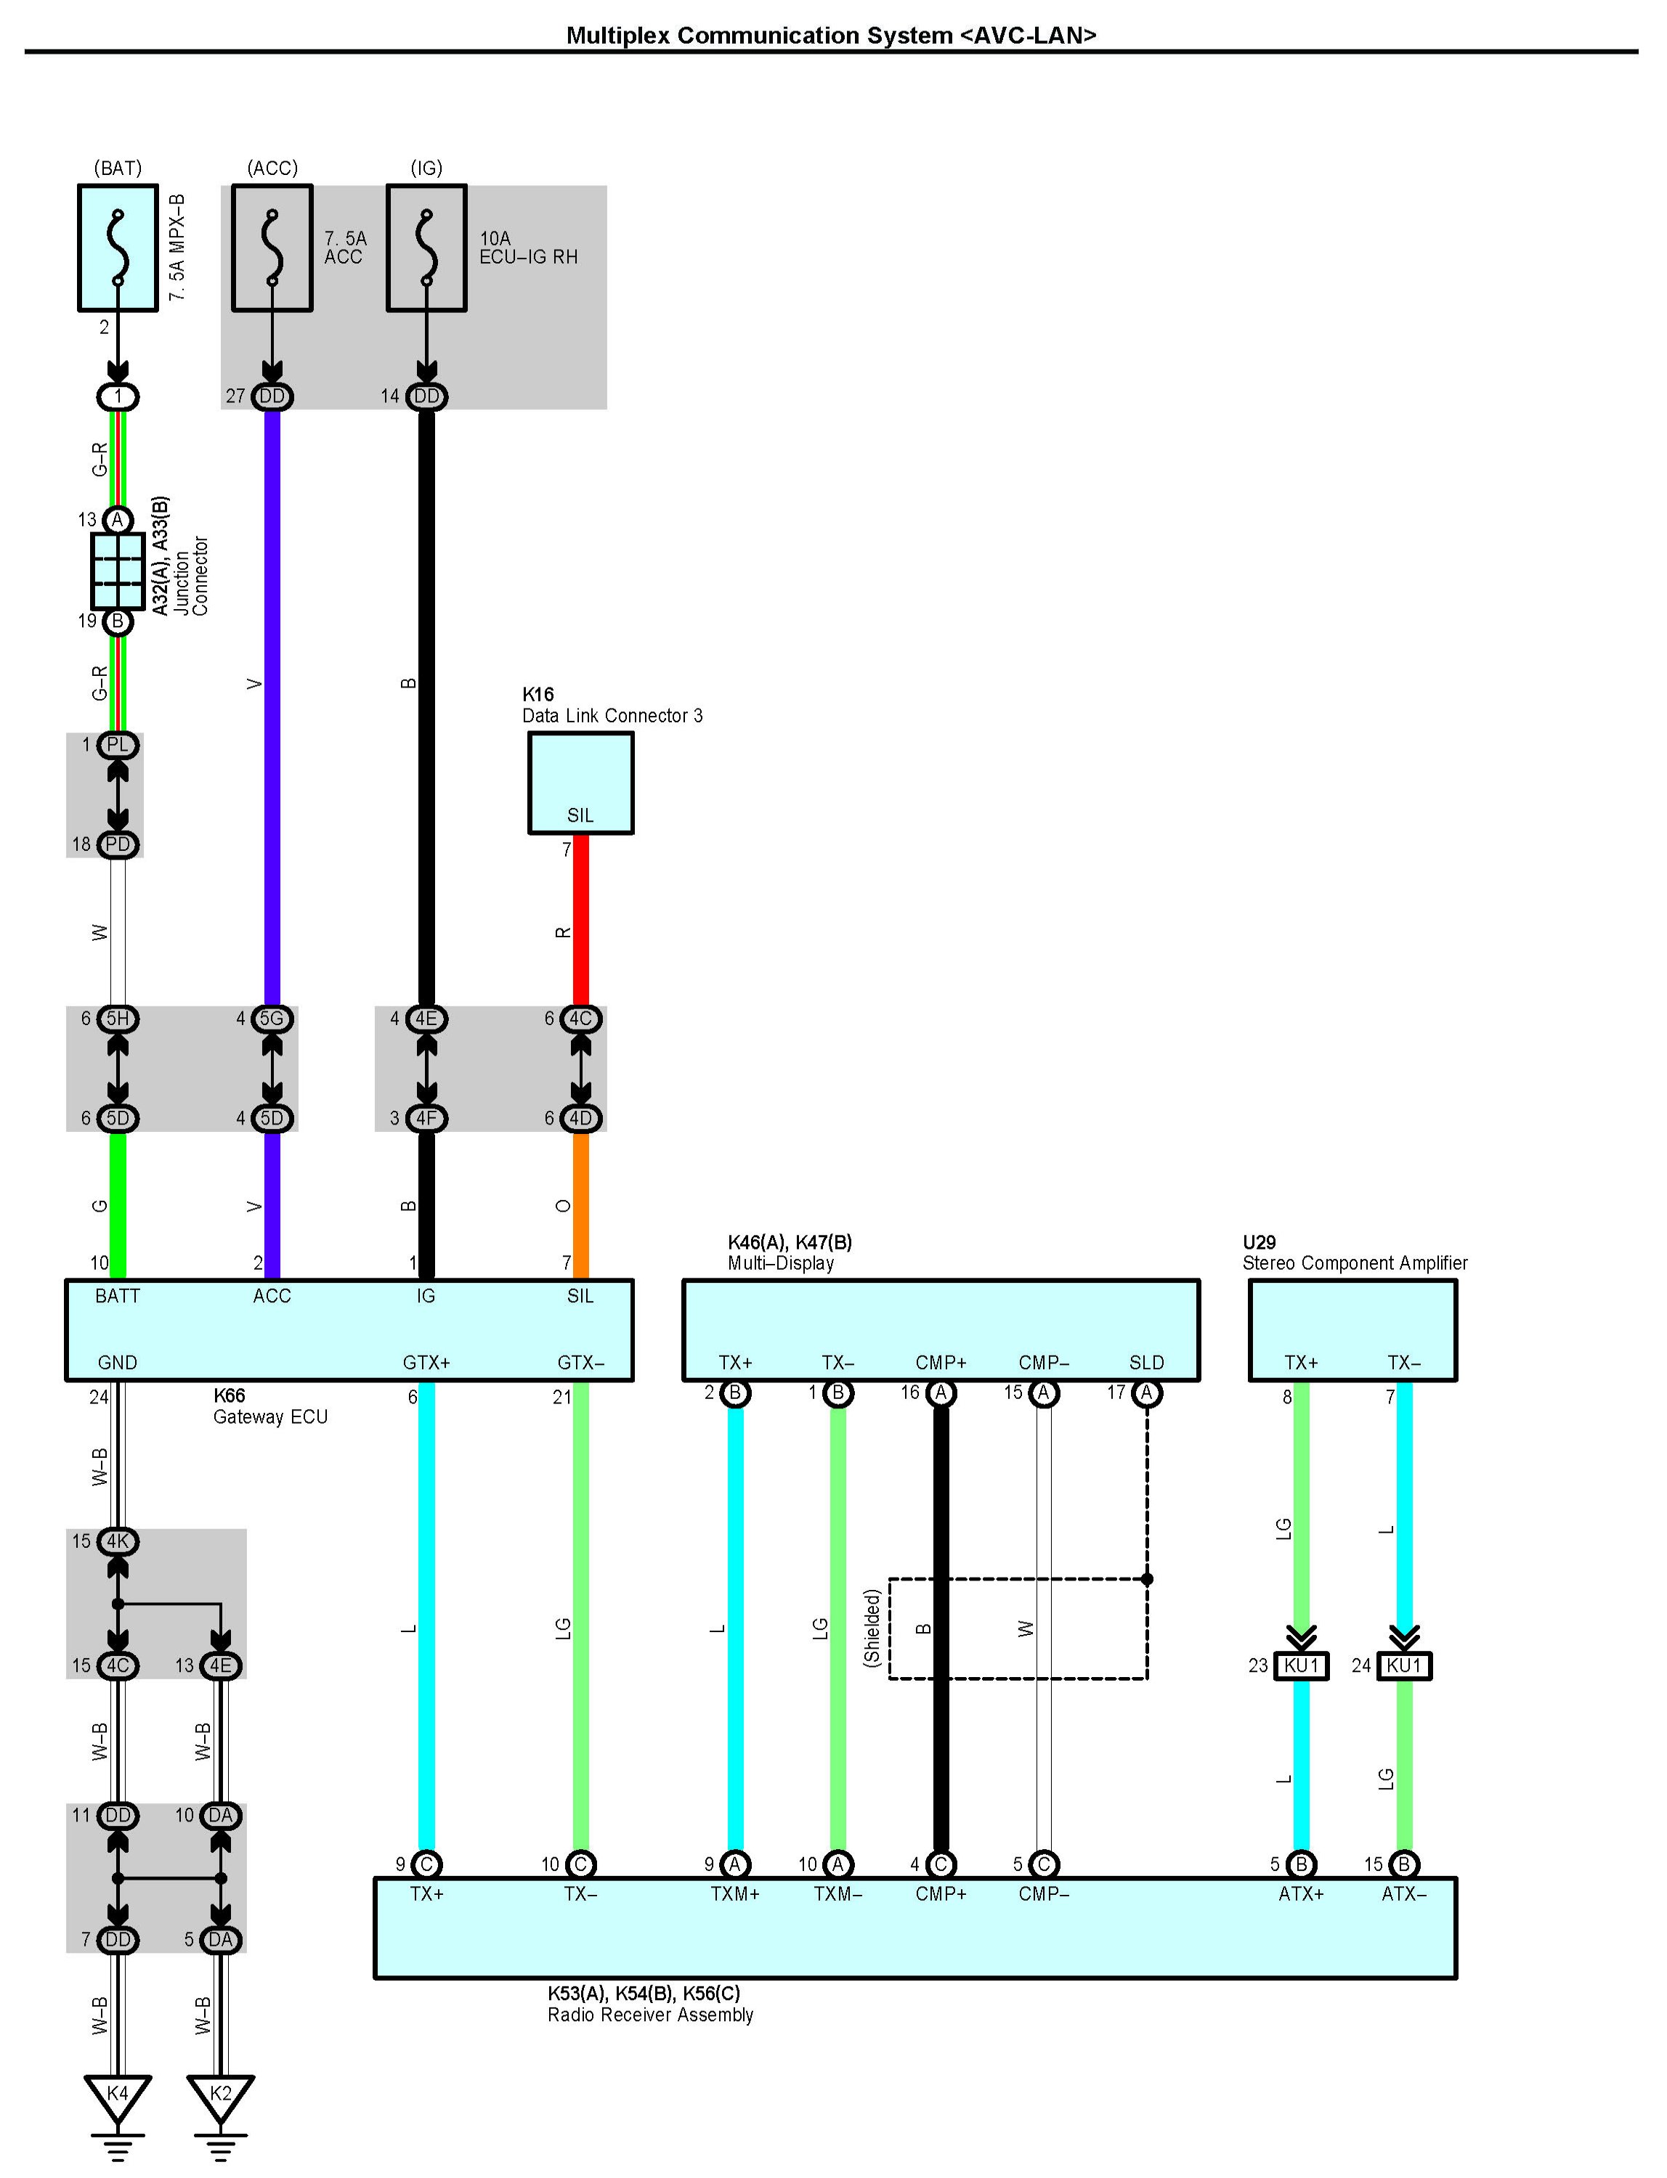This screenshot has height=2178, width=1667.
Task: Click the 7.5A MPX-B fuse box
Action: [x=118, y=248]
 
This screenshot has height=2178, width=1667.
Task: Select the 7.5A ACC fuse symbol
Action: [x=272, y=248]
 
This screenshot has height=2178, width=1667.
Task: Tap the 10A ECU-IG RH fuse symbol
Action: [x=426, y=248]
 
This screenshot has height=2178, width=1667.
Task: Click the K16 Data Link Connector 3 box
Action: [x=580, y=783]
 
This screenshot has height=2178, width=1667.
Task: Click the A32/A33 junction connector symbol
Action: [x=118, y=571]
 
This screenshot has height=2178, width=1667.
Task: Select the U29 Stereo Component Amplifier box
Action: [x=1352, y=1330]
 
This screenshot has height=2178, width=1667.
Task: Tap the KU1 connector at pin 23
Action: [x=1301, y=1665]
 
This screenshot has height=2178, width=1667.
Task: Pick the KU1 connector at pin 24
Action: [x=1404, y=1665]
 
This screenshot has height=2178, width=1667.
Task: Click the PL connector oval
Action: [x=118, y=744]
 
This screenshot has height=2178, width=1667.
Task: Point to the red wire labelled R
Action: [x=582, y=919]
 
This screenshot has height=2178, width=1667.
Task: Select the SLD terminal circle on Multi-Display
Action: [x=1146, y=1393]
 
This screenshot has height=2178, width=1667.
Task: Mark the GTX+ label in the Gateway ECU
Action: [x=426, y=1363]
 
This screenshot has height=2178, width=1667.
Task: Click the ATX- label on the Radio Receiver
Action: [x=1404, y=1893]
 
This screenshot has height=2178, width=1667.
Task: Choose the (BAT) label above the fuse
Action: [x=118, y=168]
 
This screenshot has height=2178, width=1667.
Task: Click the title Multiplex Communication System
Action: [x=759, y=35]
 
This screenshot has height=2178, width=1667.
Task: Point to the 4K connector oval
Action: [x=118, y=1541]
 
